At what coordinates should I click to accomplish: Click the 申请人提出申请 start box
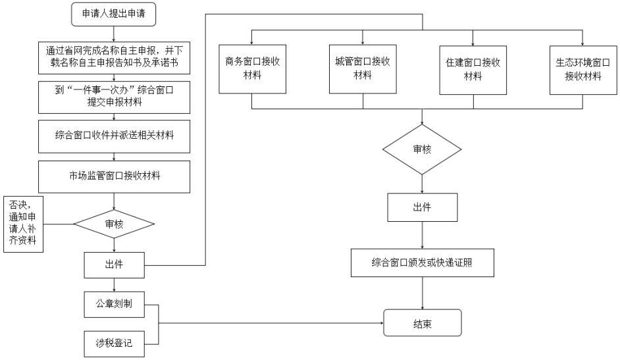point(113,14)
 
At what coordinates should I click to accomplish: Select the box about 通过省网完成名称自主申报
point(114,58)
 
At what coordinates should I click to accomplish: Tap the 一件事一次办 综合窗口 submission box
point(114,97)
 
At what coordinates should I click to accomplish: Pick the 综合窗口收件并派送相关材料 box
point(114,136)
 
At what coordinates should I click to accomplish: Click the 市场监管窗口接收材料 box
point(114,176)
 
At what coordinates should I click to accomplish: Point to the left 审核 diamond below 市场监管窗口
point(114,224)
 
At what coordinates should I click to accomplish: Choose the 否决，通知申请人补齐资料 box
point(23,224)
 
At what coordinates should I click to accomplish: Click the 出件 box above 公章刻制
point(114,265)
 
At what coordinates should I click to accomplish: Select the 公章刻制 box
point(114,304)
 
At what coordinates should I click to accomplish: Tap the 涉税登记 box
point(114,344)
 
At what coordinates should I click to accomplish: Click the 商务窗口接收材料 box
point(252,69)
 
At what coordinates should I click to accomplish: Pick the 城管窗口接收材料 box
point(363,69)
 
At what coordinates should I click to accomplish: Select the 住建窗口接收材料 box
point(473,70)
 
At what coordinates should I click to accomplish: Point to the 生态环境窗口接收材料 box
point(583,70)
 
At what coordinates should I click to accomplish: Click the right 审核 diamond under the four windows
point(422,149)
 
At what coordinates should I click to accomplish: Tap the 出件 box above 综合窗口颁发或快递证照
point(423,207)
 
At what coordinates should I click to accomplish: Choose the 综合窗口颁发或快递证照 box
point(423,263)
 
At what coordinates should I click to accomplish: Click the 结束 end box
point(423,323)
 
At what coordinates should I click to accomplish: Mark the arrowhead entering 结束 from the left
point(382,323)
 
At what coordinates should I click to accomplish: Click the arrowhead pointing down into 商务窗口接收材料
point(252,43)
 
